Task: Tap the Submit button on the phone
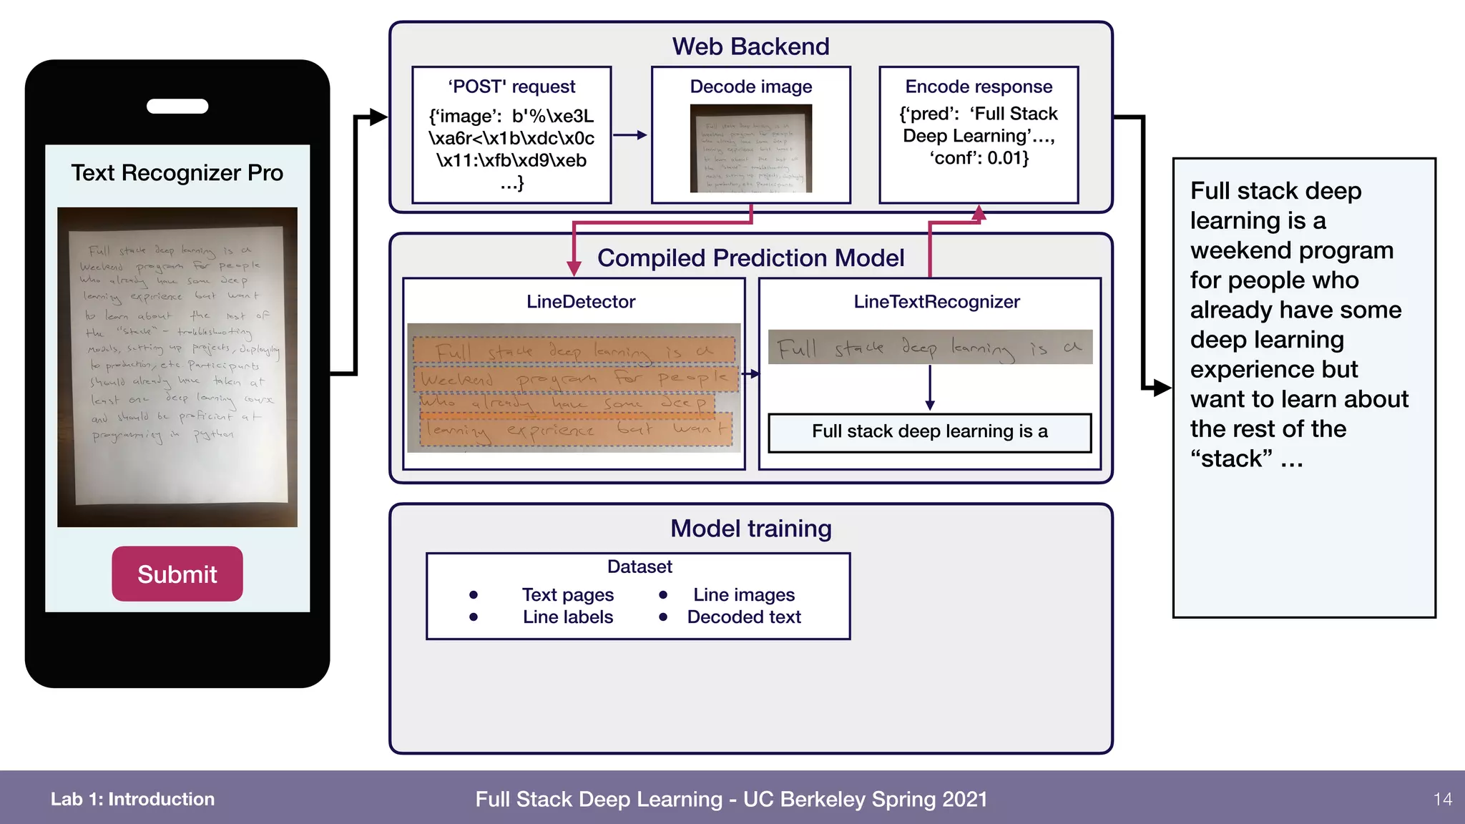tap(177, 574)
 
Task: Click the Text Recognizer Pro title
tap(177, 173)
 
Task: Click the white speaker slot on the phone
tap(177, 107)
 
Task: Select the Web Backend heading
tap(750, 46)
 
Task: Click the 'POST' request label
tap(511, 87)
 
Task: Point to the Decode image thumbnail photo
tap(750, 148)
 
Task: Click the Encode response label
tap(979, 87)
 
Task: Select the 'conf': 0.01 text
tap(979, 158)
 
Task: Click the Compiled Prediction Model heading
tap(750, 258)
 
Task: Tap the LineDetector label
tap(580, 302)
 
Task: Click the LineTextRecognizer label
tap(936, 302)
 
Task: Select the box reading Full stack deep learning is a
tap(929, 432)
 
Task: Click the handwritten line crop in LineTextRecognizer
tap(929, 348)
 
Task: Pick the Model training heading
tap(750, 529)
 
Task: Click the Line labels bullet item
tap(567, 617)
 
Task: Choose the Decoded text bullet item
tap(743, 617)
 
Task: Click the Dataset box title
tap(639, 566)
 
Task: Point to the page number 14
tap(1442, 799)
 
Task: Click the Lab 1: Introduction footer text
tap(132, 799)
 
